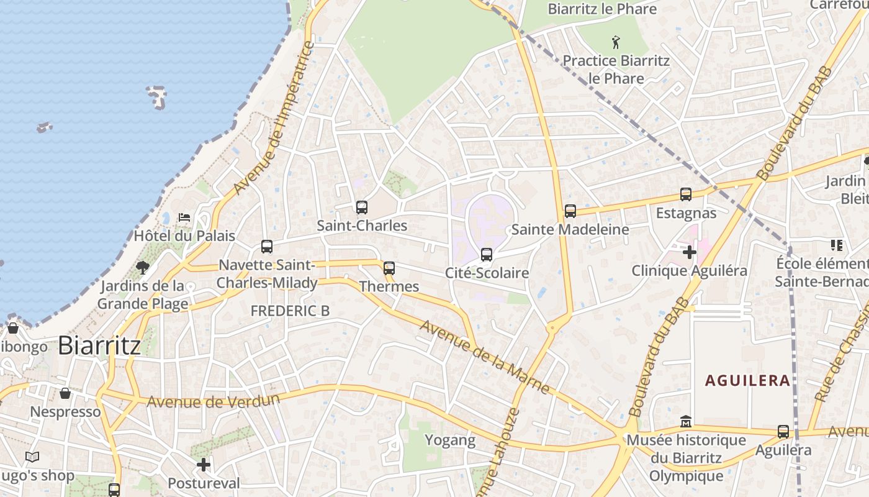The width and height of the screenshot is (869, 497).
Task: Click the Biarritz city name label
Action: point(99,346)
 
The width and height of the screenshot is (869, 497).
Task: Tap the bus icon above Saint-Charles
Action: point(362,207)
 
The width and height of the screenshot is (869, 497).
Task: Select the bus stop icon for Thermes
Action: point(389,268)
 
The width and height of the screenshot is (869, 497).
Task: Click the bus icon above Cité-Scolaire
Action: point(487,255)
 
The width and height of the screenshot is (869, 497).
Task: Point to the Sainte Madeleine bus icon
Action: point(570,211)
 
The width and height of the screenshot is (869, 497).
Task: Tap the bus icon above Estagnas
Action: point(686,194)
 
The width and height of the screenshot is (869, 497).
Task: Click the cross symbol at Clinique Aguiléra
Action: point(689,252)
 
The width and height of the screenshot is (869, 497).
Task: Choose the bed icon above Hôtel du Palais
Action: point(184,217)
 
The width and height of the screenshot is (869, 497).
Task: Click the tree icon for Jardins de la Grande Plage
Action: point(143,268)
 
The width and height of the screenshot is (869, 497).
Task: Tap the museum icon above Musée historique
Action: point(686,421)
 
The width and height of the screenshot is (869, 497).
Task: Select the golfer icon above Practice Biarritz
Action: point(616,42)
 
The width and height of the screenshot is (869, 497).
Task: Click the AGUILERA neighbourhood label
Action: point(748,380)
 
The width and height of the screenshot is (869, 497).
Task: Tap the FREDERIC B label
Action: point(290,311)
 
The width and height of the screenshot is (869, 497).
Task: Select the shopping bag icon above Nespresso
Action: point(65,393)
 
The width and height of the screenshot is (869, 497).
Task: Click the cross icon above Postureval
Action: point(204,465)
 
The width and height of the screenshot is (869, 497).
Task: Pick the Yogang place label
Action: point(450,440)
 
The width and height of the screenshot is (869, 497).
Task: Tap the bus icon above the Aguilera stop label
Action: point(783,432)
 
